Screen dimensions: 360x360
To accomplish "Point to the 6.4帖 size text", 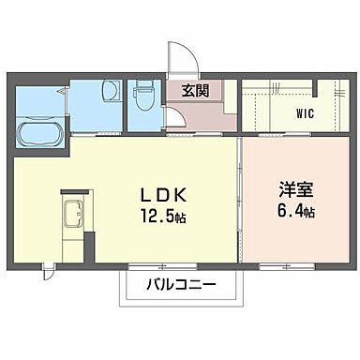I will pos(294,213).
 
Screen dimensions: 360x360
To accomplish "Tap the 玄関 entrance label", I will pos(195,92).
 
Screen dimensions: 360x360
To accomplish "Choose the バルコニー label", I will pos(181,285).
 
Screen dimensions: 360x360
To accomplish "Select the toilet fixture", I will pos(143,96).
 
